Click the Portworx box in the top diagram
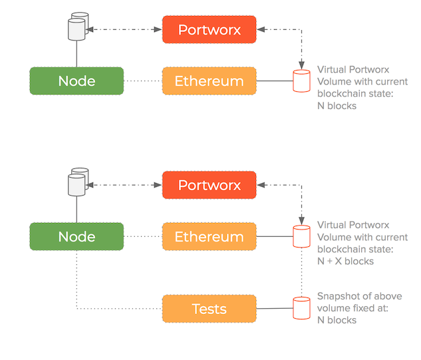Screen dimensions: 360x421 (x=210, y=30)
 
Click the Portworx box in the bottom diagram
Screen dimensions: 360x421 (x=210, y=185)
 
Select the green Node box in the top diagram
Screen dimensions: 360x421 (x=76, y=81)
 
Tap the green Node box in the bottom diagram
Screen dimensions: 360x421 (x=76, y=237)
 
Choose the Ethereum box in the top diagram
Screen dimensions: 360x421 (x=210, y=81)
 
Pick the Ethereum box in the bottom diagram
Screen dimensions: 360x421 (x=210, y=237)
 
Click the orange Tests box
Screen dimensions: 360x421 (x=210, y=309)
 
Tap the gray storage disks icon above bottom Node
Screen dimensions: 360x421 (x=78, y=181)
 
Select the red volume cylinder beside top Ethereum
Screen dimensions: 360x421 (x=302, y=81)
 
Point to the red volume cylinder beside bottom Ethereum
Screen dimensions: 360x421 (x=302, y=237)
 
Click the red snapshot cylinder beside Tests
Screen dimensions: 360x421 (x=302, y=309)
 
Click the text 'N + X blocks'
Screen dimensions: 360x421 (x=345, y=261)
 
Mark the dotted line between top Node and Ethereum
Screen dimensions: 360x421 (x=143, y=81)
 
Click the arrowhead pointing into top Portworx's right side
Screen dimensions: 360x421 (x=261, y=30)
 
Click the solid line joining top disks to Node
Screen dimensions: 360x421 (x=77, y=53)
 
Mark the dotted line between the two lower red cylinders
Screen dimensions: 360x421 (x=302, y=273)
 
